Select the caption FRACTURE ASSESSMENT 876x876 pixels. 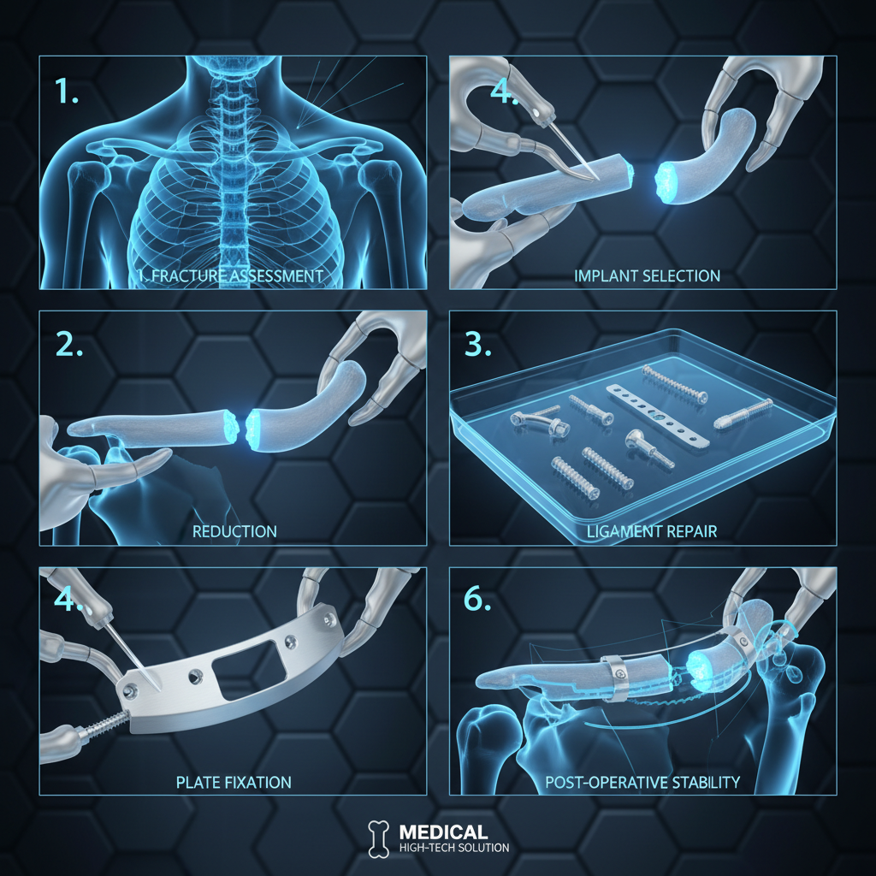click(x=233, y=276)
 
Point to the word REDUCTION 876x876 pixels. click(x=234, y=531)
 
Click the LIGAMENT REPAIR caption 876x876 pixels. click(x=652, y=531)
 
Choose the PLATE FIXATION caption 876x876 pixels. click(x=233, y=782)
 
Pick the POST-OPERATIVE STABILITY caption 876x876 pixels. click(x=642, y=782)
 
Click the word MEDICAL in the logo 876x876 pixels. click(x=443, y=832)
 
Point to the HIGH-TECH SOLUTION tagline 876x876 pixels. click(x=453, y=848)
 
